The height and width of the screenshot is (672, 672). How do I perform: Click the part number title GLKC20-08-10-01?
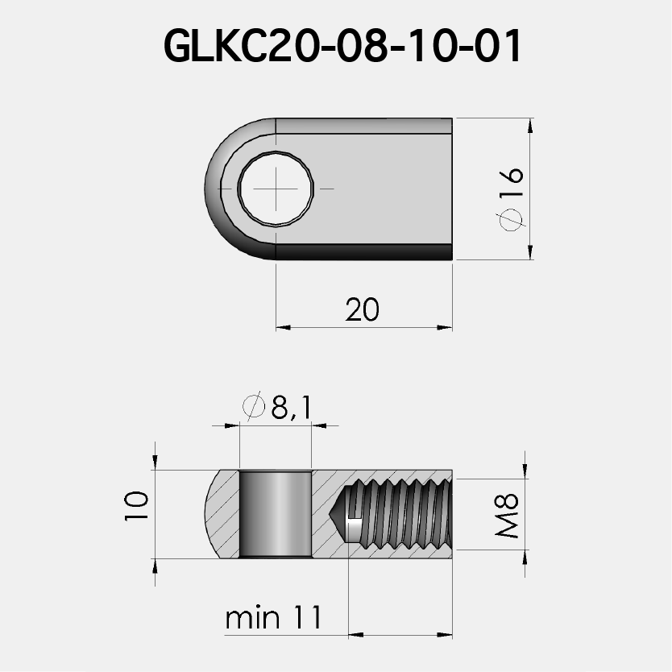click(x=342, y=47)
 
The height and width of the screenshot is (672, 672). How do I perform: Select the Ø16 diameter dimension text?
click(x=512, y=198)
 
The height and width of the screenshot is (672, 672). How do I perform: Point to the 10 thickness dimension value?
click(x=137, y=507)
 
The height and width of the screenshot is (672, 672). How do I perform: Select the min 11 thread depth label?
click(x=274, y=618)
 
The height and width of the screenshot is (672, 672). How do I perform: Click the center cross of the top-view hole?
click(x=276, y=188)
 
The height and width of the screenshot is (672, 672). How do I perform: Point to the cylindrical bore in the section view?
click(x=276, y=513)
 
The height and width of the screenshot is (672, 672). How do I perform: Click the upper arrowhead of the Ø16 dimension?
click(x=529, y=126)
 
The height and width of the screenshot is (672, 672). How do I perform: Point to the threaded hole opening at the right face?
click(x=448, y=513)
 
